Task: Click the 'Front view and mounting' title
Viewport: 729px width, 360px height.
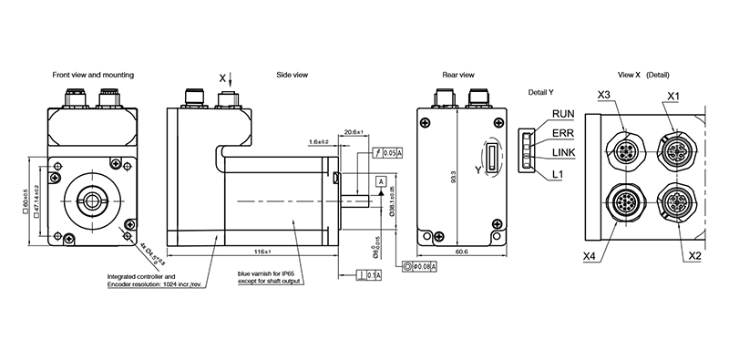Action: (93, 74)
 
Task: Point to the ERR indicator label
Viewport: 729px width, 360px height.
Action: (563, 133)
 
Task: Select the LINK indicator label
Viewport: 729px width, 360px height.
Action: (565, 152)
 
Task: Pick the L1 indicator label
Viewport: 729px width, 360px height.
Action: (558, 172)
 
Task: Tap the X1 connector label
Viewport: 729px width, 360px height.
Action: (673, 96)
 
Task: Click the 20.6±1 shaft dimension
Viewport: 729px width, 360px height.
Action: (354, 133)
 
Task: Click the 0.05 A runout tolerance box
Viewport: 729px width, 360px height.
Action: (392, 152)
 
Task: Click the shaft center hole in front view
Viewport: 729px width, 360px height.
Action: (93, 198)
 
